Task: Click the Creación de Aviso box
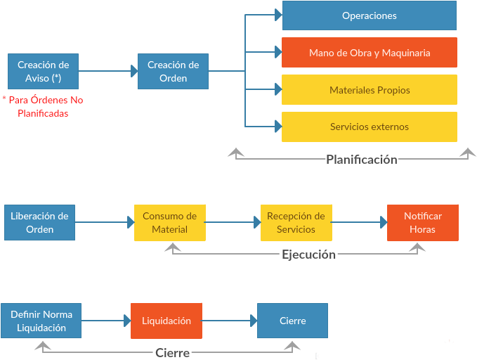(x=43, y=71)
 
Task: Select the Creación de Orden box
(x=173, y=71)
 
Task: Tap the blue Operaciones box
(x=369, y=15)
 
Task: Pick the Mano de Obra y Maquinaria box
(x=369, y=53)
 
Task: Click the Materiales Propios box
(x=369, y=90)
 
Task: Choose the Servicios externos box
(x=369, y=127)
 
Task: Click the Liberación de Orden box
(x=39, y=222)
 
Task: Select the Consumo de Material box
(x=169, y=222)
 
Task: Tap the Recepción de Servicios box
(x=296, y=222)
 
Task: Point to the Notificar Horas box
(x=423, y=222)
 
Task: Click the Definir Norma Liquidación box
(x=41, y=321)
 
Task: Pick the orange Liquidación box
(x=166, y=321)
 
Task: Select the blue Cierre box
(x=292, y=321)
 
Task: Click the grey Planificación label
(x=361, y=160)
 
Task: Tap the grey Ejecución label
(x=308, y=255)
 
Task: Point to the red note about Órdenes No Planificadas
(x=43, y=107)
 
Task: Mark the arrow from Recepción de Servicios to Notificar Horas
(x=359, y=222)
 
